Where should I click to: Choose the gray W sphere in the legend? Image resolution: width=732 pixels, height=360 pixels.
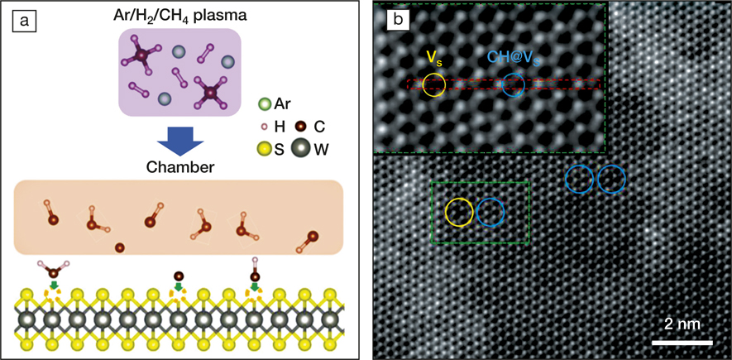(300, 148)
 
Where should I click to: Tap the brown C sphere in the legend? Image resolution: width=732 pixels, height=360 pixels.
(300, 126)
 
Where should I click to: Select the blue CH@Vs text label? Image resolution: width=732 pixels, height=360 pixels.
(517, 58)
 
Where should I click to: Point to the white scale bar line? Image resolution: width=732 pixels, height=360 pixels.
(682, 343)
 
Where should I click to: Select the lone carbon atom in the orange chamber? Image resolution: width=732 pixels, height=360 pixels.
(119, 247)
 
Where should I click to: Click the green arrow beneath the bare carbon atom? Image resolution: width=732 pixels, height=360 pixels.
(179, 285)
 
